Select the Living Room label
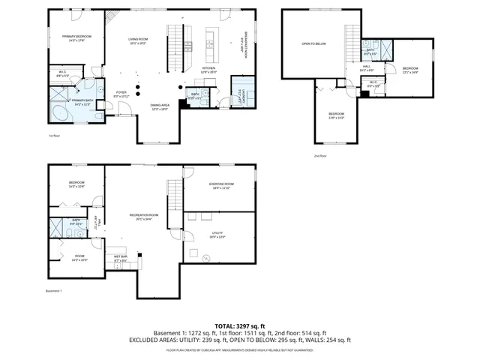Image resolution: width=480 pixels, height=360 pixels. coord(138,40)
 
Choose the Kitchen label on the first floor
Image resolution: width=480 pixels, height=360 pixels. coord(210,68)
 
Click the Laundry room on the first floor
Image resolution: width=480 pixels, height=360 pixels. coord(238,94)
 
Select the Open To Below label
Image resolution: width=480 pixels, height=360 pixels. coord(313,43)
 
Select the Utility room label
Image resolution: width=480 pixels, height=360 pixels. coord(217,234)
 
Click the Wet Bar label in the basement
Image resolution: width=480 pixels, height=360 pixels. coord(121,259)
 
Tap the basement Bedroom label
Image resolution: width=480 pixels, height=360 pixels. coord(76,182)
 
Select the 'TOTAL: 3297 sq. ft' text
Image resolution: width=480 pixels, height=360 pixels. coord(240,325)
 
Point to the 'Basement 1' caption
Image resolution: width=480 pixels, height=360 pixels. coord(54,291)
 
